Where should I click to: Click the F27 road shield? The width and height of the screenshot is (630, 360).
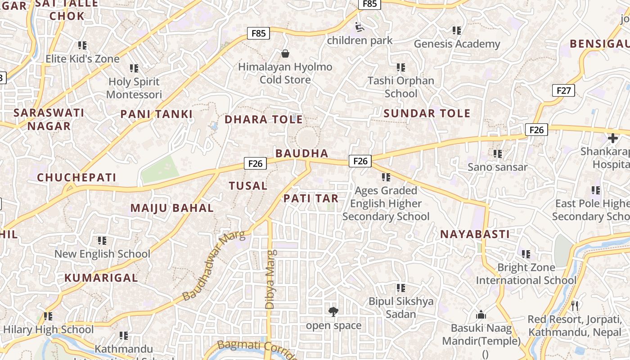(x=563, y=90)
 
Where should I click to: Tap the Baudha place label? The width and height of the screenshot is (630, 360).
(x=302, y=153)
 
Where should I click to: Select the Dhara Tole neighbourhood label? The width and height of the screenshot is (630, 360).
(x=264, y=119)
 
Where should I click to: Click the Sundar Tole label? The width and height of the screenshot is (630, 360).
(x=427, y=113)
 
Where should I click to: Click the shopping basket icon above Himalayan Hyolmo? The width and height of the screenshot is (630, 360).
(x=285, y=54)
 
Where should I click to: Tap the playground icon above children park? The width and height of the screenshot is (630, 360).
(x=360, y=27)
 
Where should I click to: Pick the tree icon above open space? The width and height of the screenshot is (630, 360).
(x=333, y=311)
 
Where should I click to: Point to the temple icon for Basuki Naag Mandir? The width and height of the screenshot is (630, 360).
(x=481, y=315)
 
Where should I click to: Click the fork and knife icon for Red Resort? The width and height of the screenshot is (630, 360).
(x=574, y=306)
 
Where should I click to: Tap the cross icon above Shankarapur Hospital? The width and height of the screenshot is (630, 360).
(x=612, y=138)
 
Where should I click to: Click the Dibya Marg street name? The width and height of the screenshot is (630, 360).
(x=270, y=279)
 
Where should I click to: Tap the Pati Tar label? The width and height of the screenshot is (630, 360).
(x=311, y=198)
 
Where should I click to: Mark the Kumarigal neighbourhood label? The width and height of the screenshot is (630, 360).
(x=101, y=278)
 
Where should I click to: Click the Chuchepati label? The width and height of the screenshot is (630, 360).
(x=76, y=177)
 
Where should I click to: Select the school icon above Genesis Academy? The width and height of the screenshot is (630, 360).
(x=457, y=31)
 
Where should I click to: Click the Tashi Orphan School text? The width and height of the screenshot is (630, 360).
(x=401, y=87)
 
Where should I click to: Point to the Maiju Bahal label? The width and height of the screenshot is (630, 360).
(x=172, y=208)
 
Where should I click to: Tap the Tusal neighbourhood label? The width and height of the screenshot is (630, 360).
(x=248, y=185)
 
